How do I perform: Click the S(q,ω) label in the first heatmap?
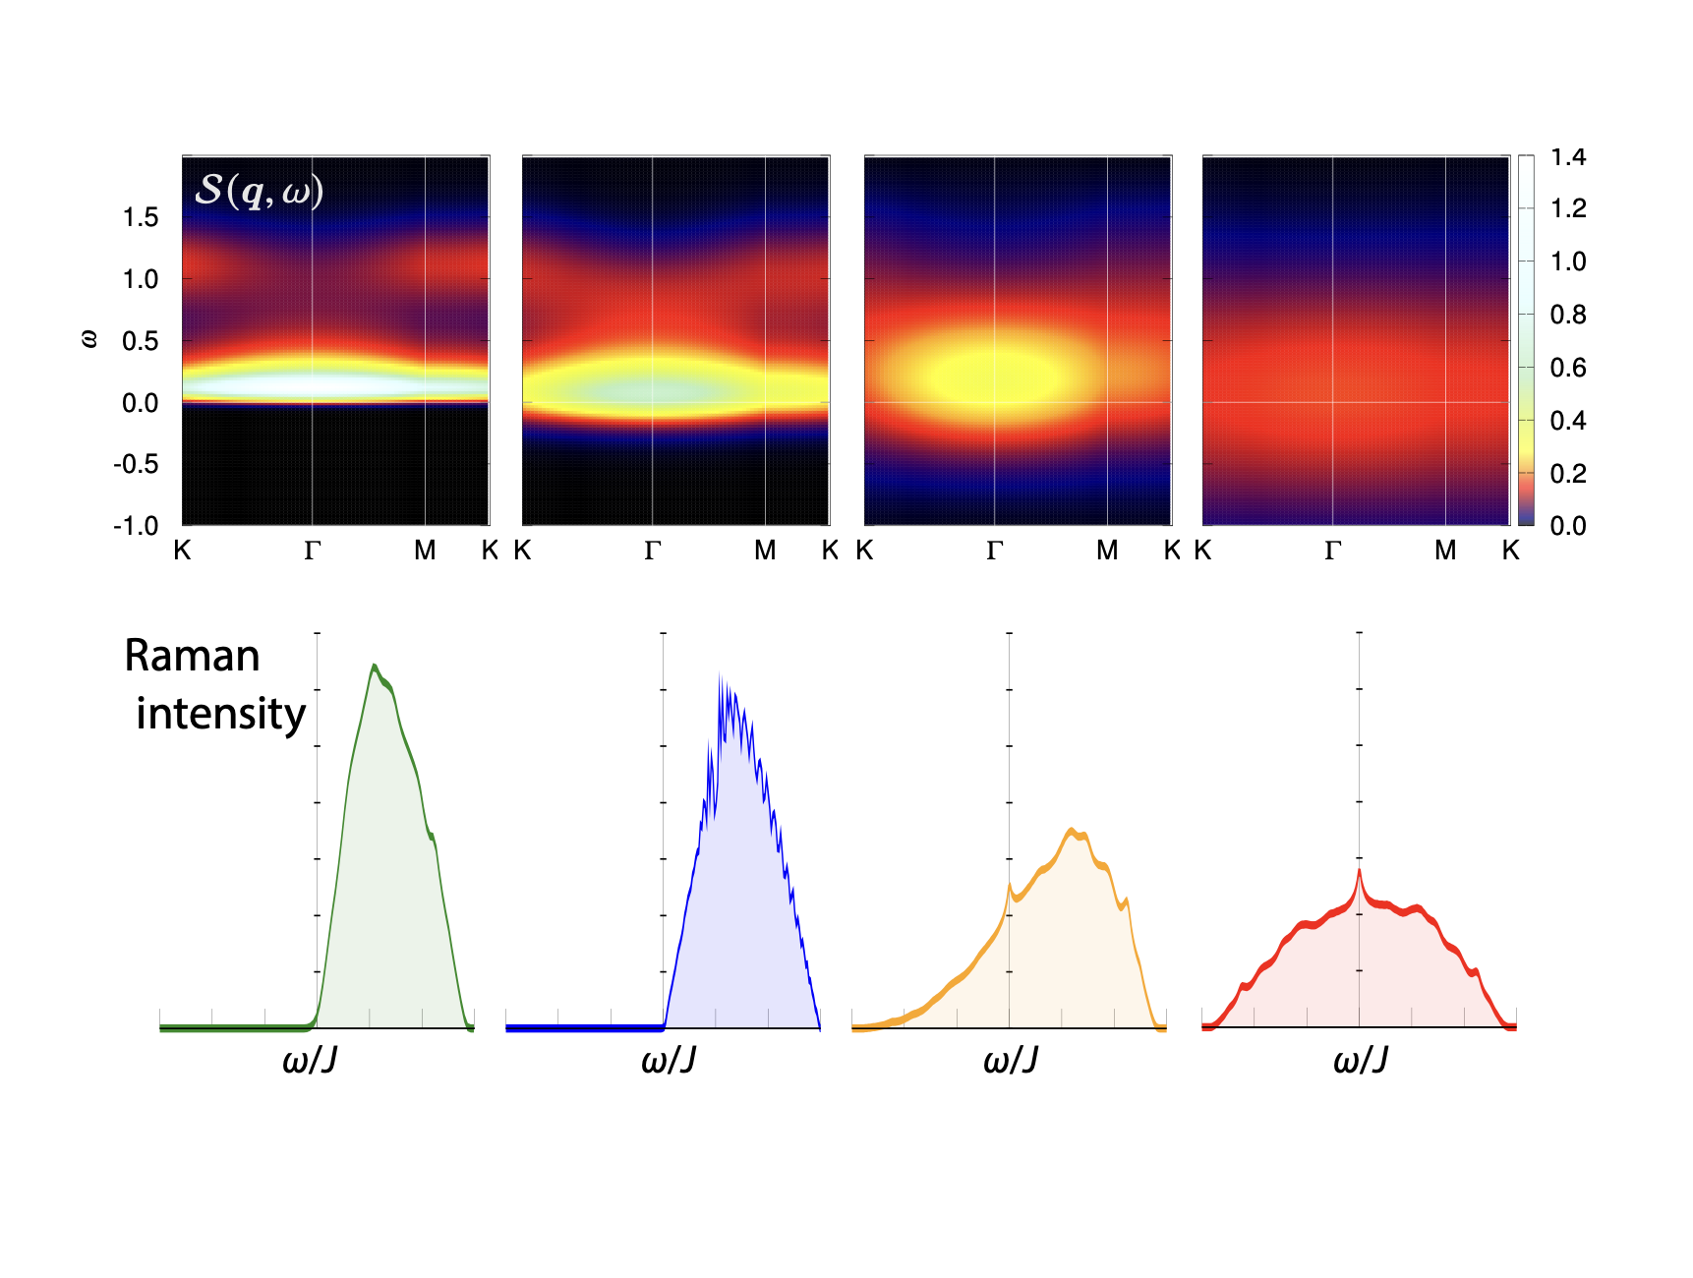pos(259,190)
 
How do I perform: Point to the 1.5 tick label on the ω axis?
pos(140,217)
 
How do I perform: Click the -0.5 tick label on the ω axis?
pos(136,464)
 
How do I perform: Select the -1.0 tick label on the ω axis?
pos(136,526)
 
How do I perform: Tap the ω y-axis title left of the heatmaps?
pos(88,340)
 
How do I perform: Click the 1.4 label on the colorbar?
pos(1568,157)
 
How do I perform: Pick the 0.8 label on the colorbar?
pos(1568,315)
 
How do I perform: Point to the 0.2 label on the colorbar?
pos(1568,474)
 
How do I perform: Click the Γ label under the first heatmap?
pos(313,552)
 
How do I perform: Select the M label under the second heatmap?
pos(765,552)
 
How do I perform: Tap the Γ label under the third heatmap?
pos(994,552)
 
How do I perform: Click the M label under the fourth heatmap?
pos(1445,552)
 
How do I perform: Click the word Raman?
pos(192,656)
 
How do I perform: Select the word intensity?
pos(221,714)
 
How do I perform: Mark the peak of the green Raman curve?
pos(374,666)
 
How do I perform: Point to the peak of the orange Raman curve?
pos(1072,831)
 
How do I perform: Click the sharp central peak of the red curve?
pos(1360,871)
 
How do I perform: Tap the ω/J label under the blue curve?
pos(669,1061)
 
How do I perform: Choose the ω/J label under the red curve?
pos(1361,1061)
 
